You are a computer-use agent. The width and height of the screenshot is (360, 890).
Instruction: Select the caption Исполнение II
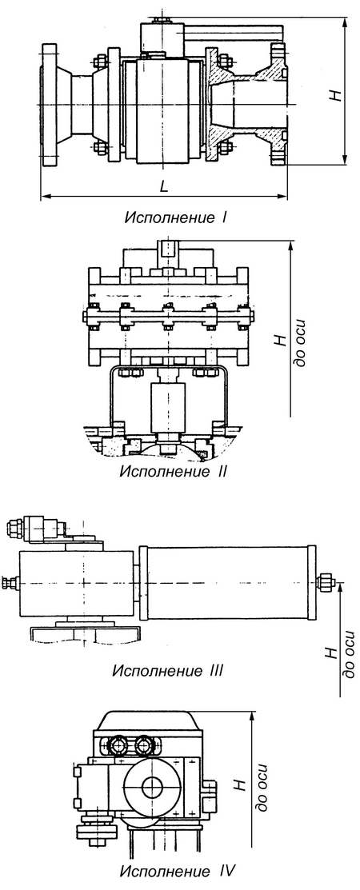click(x=174, y=470)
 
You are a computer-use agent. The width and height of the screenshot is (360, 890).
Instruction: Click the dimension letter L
click(x=163, y=186)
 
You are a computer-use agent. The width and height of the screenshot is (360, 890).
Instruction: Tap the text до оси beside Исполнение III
click(x=348, y=652)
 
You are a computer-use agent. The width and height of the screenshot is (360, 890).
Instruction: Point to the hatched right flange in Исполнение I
click(x=277, y=106)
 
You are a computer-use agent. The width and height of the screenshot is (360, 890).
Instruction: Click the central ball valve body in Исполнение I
click(x=164, y=106)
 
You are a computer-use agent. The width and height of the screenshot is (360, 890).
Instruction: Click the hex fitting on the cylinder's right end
click(x=326, y=581)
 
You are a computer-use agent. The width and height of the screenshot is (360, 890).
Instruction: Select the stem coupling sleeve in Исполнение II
click(x=168, y=407)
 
